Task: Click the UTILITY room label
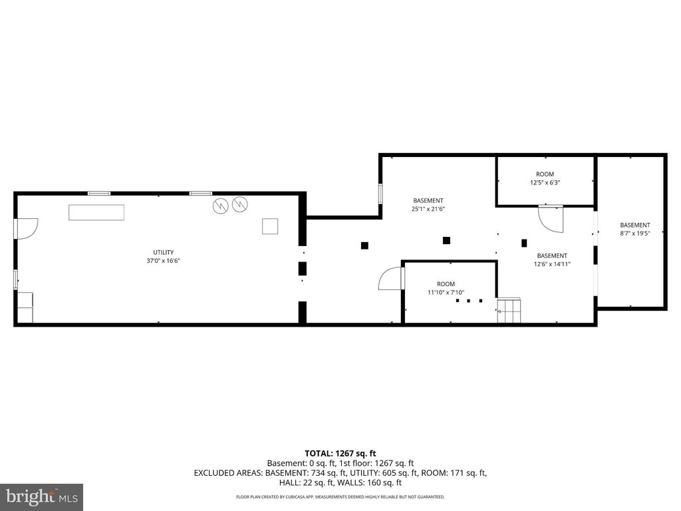pyautogui.click(x=164, y=252)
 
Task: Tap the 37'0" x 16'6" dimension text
pyautogui.click(x=164, y=261)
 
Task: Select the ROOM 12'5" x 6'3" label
pyautogui.click(x=545, y=178)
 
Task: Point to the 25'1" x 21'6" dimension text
pyautogui.click(x=428, y=208)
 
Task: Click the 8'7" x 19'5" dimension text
pyautogui.click(x=635, y=234)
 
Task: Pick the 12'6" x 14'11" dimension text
pyautogui.click(x=552, y=263)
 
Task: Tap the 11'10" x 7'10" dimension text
pyautogui.click(x=446, y=293)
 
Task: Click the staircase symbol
pyautogui.click(x=509, y=311)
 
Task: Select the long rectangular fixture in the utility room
pyautogui.click(x=96, y=212)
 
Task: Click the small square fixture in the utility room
pyautogui.click(x=270, y=226)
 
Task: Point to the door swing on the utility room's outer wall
pyautogui.click(x=27, y=229)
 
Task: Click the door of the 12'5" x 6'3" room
pyautogui.click(x=551, y=218)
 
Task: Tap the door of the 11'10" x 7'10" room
pyautogui.click(x=391, y=279)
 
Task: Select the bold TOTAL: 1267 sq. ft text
pyautogui.click(x=340, y=454)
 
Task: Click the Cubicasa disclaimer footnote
pyautogui.click(x=340, y=496)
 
